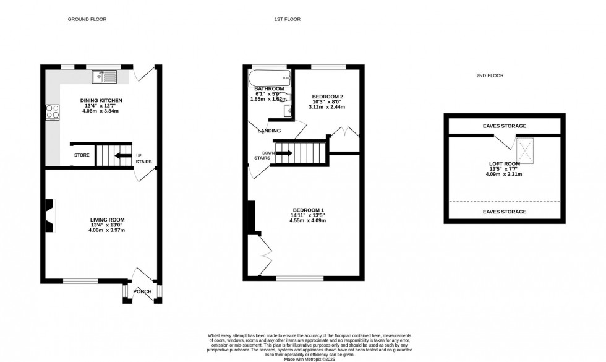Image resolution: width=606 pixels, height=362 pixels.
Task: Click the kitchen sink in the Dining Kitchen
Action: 105,77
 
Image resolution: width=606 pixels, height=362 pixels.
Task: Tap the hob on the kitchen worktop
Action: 52,111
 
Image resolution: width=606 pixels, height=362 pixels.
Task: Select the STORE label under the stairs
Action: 82,155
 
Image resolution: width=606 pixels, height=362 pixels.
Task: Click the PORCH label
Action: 142,291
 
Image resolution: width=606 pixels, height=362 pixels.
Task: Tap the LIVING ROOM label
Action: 107,220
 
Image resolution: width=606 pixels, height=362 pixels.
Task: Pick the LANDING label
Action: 270,131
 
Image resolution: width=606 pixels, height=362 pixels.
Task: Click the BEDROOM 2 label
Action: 327,97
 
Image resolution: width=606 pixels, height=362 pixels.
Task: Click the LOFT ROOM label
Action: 505,164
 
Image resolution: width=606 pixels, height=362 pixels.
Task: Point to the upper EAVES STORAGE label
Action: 505,126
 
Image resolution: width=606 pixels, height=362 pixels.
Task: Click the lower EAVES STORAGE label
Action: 505,212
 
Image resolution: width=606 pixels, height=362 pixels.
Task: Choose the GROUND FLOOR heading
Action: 87,19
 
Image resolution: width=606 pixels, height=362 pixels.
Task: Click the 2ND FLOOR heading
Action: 490,75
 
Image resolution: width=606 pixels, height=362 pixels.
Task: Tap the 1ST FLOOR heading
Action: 288,19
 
